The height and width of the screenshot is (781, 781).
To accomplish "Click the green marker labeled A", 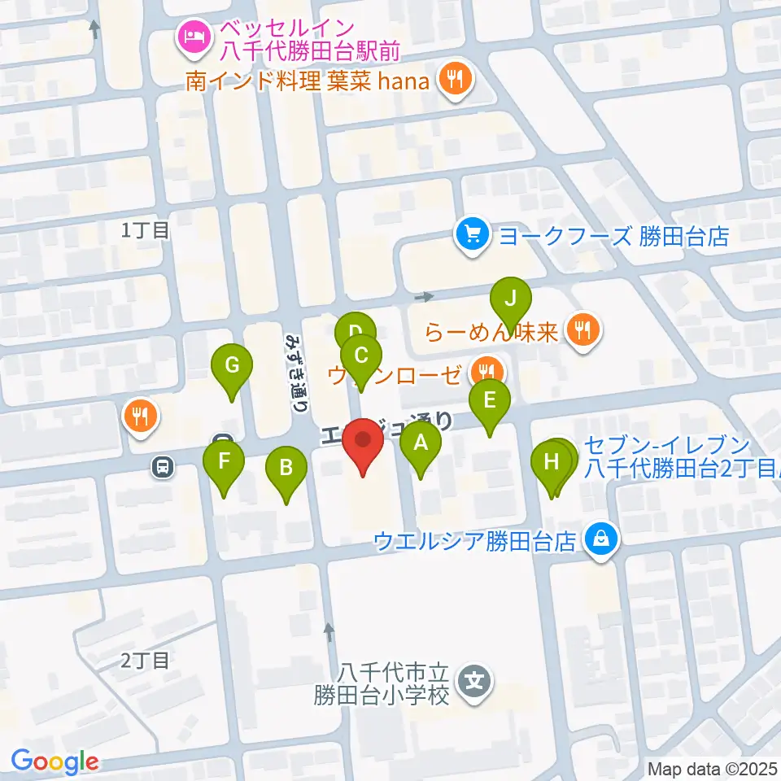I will point(421,443).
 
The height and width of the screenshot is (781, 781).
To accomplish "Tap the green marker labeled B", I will point(286,468).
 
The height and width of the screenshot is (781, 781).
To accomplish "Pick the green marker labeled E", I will point(490,401).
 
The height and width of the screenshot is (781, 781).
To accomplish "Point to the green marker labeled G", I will point(232,365).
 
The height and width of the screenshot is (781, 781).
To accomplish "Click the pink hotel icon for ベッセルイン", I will point(194,36).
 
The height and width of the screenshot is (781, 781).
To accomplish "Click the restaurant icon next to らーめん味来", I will point(582,330).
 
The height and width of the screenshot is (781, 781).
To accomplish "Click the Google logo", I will point(55,762).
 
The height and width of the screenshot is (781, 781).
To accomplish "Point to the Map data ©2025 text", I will point(711,768).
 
